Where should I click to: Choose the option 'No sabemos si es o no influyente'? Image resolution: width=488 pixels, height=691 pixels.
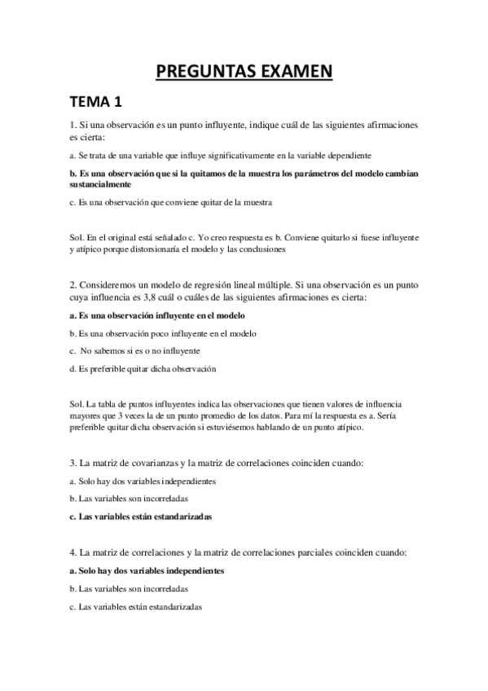(139, 350)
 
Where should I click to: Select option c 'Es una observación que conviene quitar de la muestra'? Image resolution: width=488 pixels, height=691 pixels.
(170, 201)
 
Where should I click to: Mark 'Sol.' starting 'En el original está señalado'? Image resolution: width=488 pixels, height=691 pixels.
(77, 237)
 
